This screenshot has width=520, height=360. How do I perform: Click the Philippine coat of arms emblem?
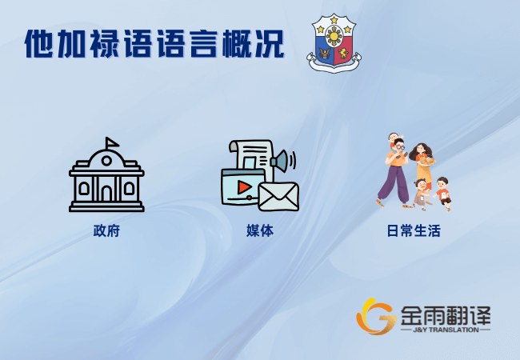coord(334,43)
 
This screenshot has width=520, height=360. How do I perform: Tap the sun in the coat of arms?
coord(334,36)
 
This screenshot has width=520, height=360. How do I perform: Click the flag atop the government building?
coord(111,143)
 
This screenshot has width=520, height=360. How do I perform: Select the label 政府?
coord(106,230)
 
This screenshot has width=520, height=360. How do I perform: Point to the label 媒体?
coord(260,230)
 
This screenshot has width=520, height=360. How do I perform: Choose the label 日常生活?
coord(414,230)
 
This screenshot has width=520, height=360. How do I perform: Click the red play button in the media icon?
coord(245,187)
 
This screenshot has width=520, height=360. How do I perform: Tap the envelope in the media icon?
coord(278,197)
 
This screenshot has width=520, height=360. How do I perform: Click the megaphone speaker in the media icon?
coord(282,161)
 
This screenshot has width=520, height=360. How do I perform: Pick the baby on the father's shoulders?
coord(394,139)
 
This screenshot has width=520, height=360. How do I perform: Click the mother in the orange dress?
coord(422,167)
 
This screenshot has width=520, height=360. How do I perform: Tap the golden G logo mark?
coord(376,317)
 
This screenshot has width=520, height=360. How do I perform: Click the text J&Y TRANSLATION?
coord(446,330)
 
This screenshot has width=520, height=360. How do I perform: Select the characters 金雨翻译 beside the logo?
coord(446,315)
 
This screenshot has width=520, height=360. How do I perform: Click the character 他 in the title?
coord(39,44)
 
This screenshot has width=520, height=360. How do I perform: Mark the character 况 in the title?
coord(270,44)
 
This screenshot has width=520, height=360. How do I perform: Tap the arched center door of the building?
coord(106,193)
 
